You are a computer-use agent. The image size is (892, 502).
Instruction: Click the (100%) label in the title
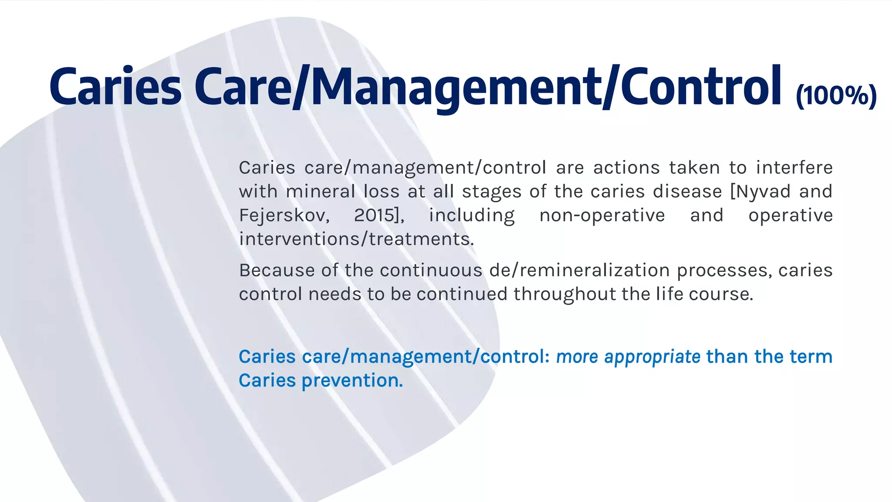point(836,95)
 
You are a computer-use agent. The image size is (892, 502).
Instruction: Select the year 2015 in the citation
point(375,215)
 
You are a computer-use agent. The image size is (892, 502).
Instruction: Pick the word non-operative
point(602,215)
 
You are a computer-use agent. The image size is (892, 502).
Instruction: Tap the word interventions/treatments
point(356,239)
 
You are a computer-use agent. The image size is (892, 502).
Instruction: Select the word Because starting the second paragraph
point(277,271)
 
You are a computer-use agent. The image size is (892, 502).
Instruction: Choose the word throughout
point(564,295)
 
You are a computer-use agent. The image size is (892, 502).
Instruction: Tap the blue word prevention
point(352,381)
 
